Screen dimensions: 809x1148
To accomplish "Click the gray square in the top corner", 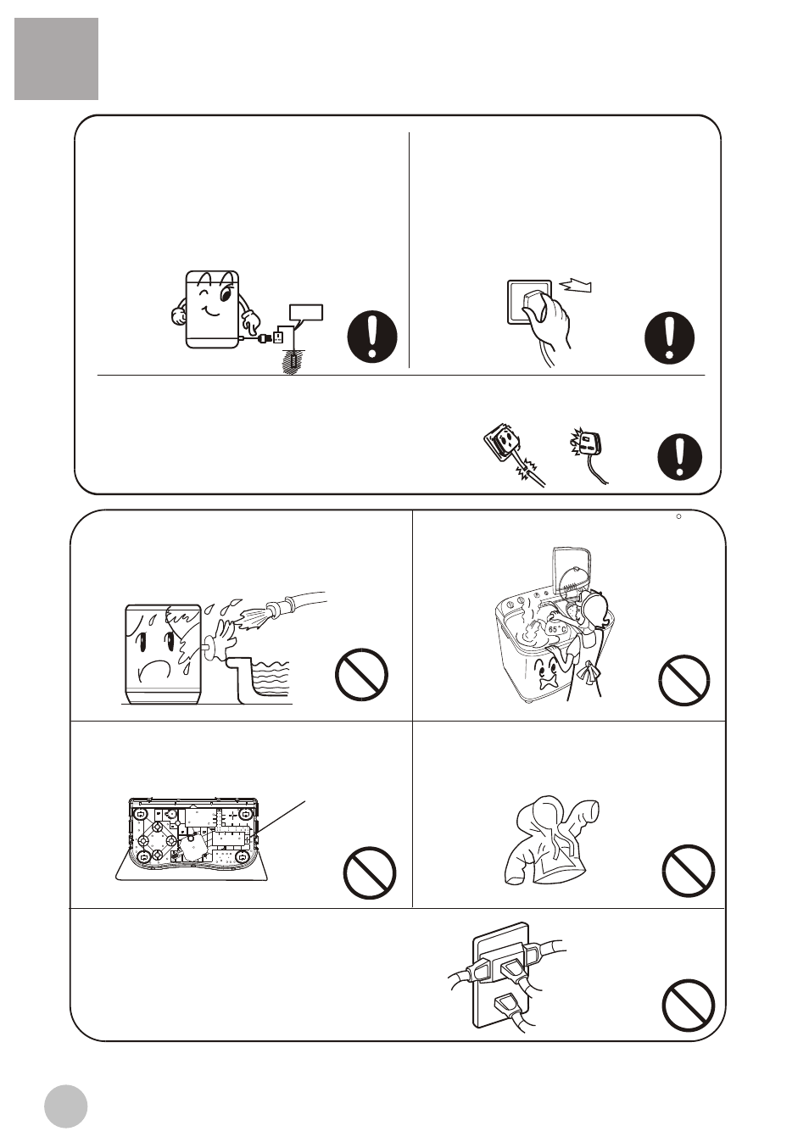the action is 57,59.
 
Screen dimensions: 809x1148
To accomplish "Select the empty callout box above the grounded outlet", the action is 306,312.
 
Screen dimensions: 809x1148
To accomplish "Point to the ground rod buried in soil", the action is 293,362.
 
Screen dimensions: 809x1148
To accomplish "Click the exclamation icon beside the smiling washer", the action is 372,337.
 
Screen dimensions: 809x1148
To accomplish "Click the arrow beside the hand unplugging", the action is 575,285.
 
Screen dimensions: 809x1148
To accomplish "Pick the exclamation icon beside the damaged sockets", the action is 680,457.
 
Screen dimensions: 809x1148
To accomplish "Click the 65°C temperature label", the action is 557,629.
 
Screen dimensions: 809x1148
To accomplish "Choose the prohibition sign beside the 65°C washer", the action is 684,680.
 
